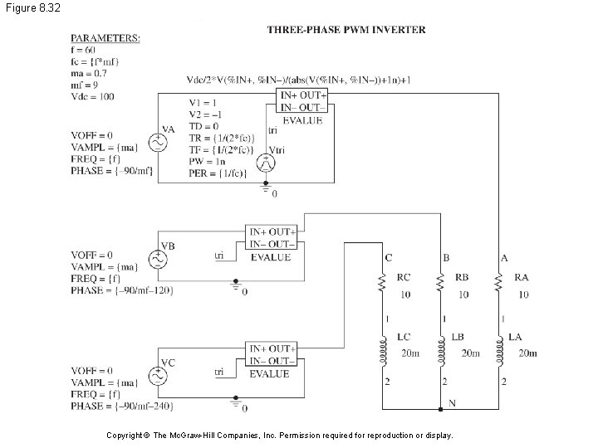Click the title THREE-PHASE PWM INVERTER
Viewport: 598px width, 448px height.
click(346, 30)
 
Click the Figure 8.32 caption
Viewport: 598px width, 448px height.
click(30, 7)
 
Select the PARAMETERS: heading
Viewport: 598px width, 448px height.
click(105, 37)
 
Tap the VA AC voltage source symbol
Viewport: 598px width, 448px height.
click(156, 143)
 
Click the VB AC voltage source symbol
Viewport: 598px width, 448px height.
click(156, 259)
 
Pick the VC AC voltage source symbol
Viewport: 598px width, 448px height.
click(156, 375)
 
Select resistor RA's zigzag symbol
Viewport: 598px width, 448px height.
click(498, 285)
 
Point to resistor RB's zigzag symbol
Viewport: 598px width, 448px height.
click(440, 285)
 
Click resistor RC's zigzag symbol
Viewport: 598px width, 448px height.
click(382, 285)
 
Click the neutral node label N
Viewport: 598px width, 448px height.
click(453, 402)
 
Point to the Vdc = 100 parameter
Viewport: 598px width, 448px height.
click(93, 96)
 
